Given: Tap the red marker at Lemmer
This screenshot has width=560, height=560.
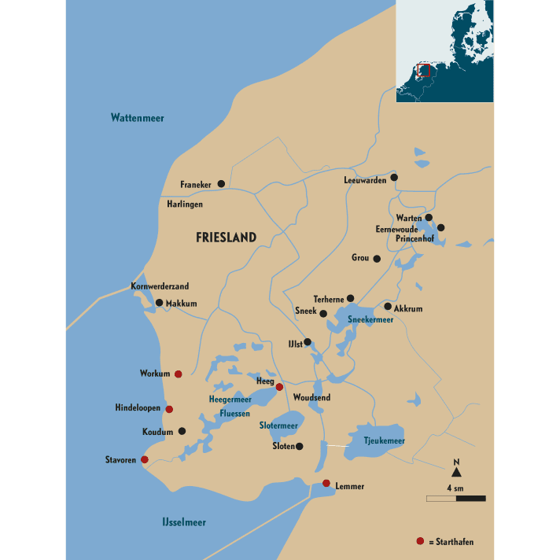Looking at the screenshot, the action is point(326,483).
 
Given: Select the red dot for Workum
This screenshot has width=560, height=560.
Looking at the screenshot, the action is point(179,374).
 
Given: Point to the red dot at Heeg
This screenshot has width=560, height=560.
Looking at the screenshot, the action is point(279,387).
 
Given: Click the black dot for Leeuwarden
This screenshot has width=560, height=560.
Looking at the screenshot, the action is point(394,178).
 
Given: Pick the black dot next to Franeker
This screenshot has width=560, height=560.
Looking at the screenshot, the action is point(221,183).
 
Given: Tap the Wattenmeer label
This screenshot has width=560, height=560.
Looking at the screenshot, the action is point(137,118).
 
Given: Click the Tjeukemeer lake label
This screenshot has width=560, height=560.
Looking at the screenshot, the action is point(385,441).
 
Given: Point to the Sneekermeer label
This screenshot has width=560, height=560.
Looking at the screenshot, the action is point(370,320).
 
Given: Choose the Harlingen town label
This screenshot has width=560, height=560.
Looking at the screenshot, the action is point(185,204).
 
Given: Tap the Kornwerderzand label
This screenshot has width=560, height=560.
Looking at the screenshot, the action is point(160,287).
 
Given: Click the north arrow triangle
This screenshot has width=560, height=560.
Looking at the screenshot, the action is point(456,472).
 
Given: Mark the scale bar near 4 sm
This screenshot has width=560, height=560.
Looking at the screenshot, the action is point(456,498).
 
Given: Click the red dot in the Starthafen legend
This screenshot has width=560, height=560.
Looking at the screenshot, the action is point(420,541).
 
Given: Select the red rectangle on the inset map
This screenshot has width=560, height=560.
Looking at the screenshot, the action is point(425,71).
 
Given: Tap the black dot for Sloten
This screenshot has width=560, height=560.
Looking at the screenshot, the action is point(300,447).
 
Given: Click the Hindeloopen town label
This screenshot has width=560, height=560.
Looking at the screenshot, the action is point(138,409).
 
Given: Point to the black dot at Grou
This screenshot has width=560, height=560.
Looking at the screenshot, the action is point(377,258).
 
